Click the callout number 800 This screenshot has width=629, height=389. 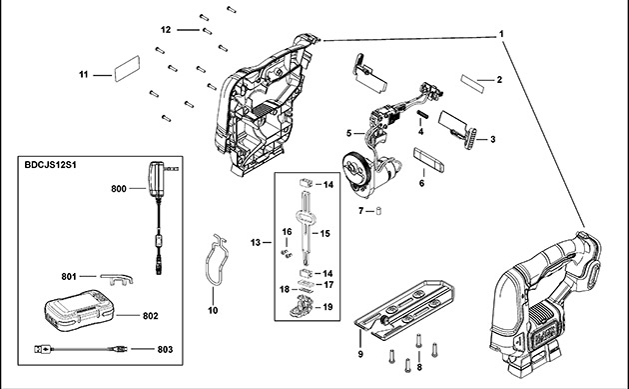coord(120,187)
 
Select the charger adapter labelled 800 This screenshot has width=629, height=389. coord(158,181)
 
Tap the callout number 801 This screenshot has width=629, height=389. coord(69,277)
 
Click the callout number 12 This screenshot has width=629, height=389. coord(167,30)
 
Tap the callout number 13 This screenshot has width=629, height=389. coord(256,243)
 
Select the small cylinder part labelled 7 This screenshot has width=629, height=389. coord(379,211)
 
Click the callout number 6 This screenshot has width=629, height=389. coord(422,183)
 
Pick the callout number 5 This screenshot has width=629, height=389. coord(348,132)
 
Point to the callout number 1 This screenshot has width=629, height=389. coord(502,33)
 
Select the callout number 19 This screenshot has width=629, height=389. coord(327,307)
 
